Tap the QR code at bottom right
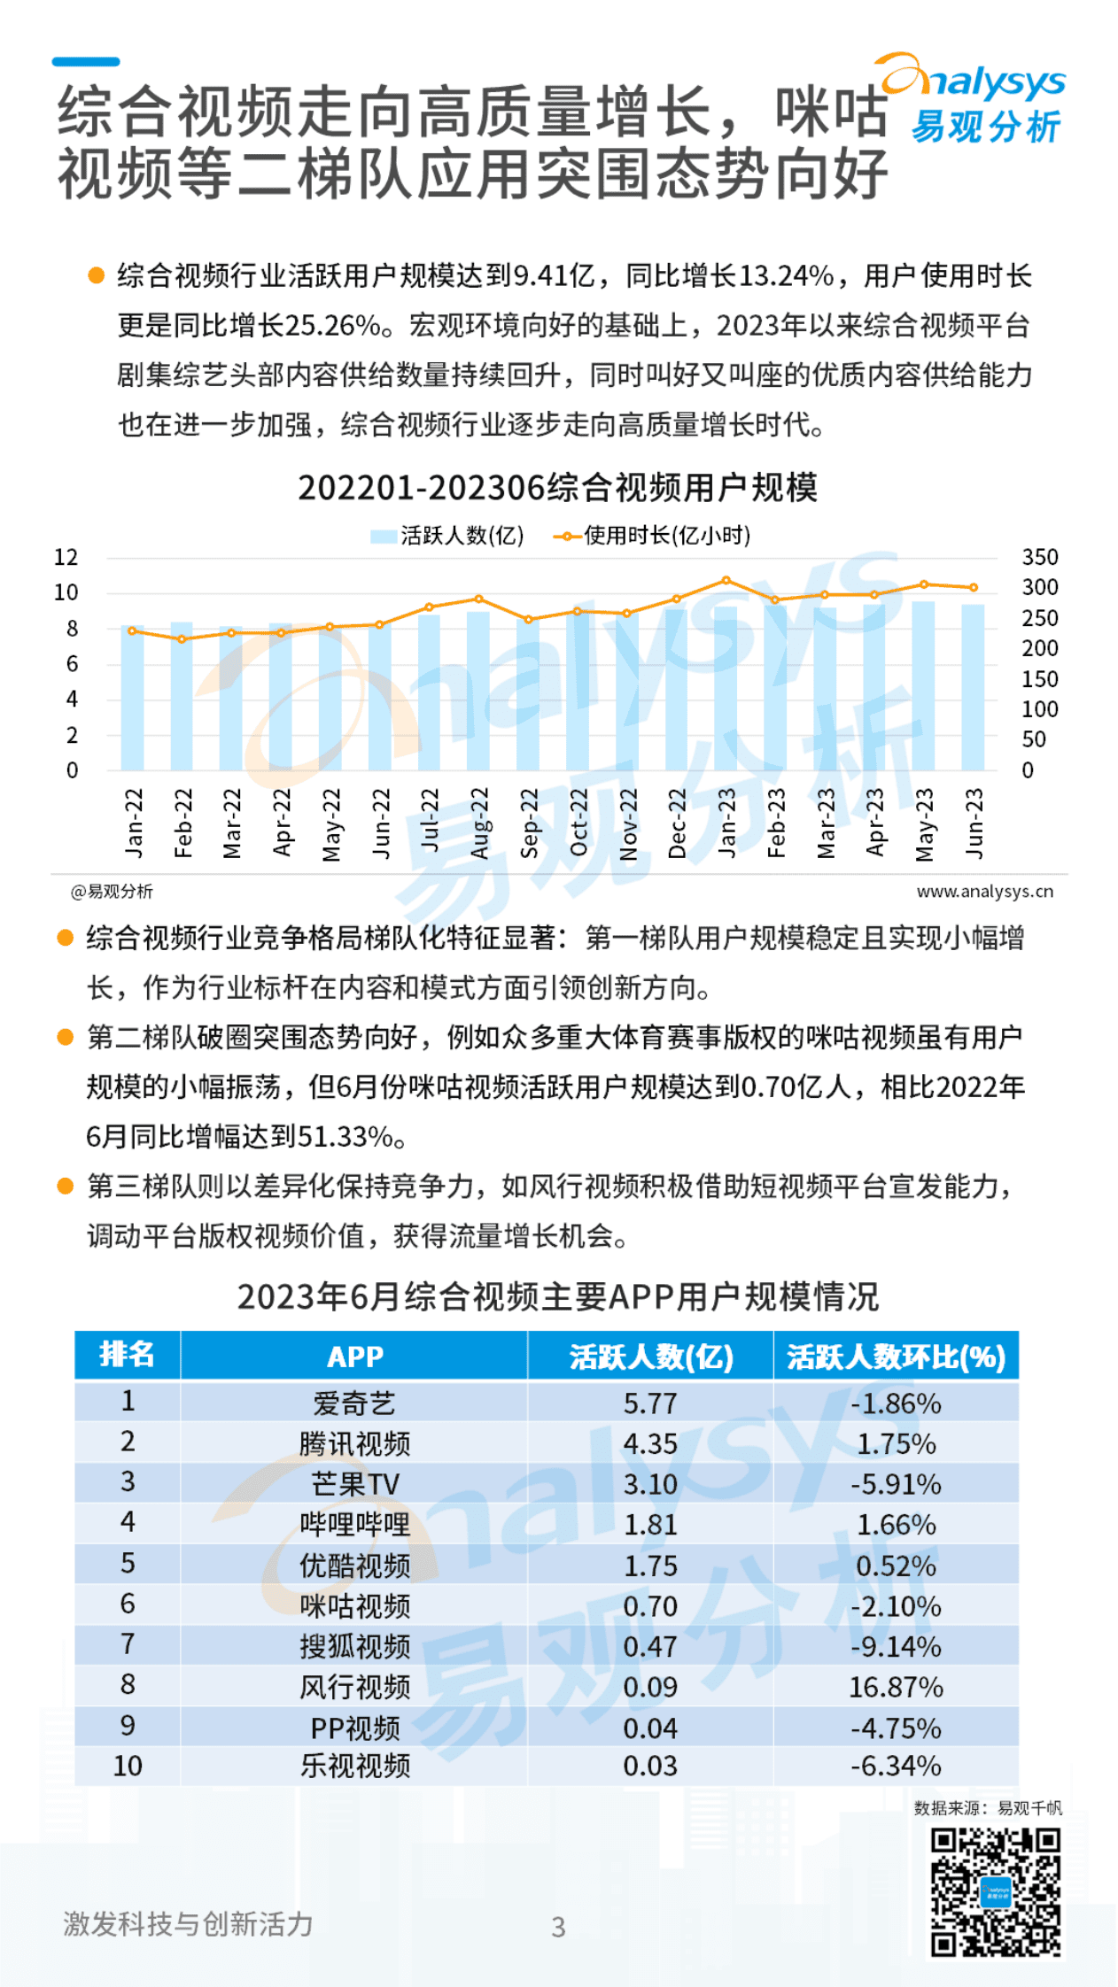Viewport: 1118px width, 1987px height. [995, 1892]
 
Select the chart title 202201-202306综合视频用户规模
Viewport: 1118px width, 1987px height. [557, 487]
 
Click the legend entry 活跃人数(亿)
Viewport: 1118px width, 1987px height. [447, 535]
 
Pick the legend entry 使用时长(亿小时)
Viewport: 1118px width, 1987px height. [653, 535]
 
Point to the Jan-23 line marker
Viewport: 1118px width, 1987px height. [726, 580]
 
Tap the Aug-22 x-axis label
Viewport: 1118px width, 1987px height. [479, 823]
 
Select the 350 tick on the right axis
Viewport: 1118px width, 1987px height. [1039, 557]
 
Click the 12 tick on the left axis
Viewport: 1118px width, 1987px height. [66, 557]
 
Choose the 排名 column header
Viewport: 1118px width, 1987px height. [128, 1355]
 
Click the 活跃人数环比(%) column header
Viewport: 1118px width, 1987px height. [896, 1357]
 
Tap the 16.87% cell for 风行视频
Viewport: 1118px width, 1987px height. [896, 1687]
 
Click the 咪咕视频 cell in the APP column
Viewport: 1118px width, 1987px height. [354, 1606]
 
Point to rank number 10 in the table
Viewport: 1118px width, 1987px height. [128, 1766]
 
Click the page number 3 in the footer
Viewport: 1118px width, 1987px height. [558, 1927]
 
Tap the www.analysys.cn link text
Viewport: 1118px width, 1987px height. [984, 891]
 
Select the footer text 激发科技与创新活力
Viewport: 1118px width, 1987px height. [188, 1923]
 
